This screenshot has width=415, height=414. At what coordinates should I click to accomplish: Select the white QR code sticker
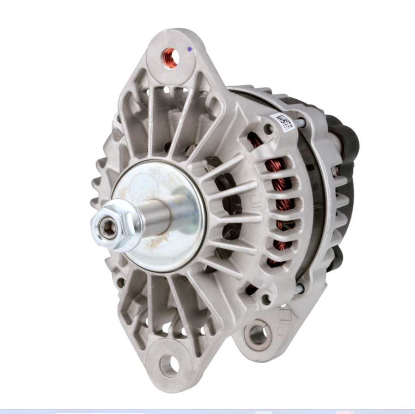[x=283, y=121]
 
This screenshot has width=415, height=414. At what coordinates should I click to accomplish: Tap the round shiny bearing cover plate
[x=159, y=208]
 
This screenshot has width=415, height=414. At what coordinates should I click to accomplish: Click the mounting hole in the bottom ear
[x=169, y=365]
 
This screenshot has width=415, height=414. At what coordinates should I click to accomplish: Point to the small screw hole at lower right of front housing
[x=267, y=299]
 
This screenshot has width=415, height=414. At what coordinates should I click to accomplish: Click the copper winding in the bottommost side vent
[x=252, y=288]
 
